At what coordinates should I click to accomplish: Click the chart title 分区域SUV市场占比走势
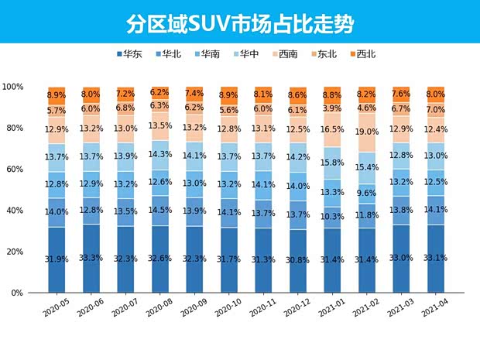click(x=240, y=23)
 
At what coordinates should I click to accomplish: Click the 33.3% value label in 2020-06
click(x=91, y=258)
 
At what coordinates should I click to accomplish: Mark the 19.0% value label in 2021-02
click(x=367, y=132)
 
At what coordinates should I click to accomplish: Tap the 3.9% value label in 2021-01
click(x=332, y=108)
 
